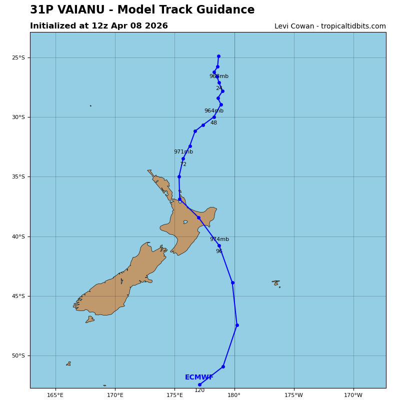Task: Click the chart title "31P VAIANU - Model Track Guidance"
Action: [142, 10]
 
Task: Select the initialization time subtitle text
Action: [99, 26]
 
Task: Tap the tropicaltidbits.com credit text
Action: [330, 26]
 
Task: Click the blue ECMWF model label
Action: [199, 377]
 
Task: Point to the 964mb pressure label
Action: [213, 111]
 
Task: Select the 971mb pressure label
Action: [183, 152]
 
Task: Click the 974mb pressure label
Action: [219, 239]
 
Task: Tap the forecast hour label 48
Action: [213, 123]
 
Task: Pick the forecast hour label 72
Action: [183, 164]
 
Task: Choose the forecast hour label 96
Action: [219, 251]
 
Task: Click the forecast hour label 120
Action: [199, 390]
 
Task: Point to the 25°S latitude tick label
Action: [18, 58]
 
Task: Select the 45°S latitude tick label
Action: [18, 296]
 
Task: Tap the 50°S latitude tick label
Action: [18, 356]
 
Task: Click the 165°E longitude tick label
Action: [55, 395]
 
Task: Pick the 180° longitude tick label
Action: [234, 395]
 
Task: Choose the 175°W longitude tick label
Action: [293, 395]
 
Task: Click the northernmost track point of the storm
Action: [218, 56]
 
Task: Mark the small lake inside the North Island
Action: [185, 222]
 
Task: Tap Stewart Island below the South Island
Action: [90, 319]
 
